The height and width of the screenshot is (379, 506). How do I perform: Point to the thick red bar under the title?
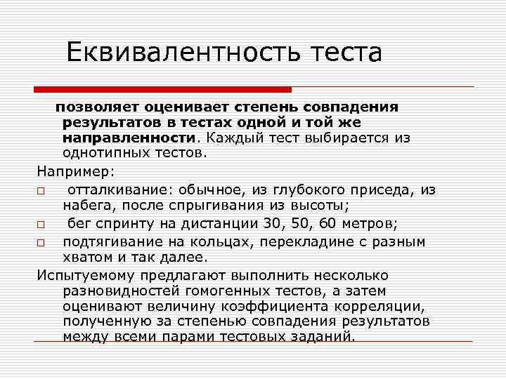coord(162,89)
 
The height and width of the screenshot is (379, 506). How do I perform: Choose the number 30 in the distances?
coord(289,224)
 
